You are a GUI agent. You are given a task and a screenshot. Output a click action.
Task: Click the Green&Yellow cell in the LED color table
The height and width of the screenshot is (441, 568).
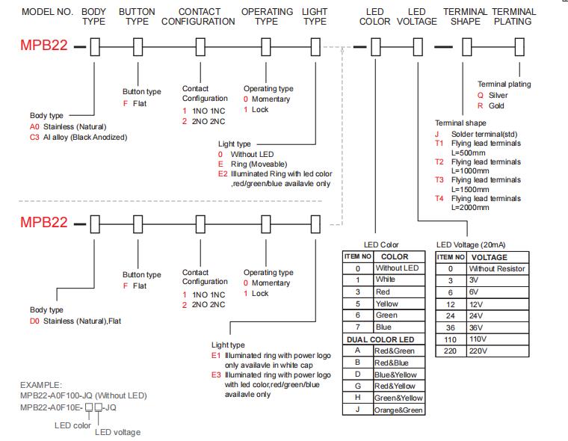(398, 398)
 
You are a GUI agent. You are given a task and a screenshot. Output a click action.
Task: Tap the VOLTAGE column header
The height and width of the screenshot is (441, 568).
(489, 257)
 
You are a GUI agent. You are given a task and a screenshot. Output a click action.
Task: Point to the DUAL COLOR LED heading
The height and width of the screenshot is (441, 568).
(380, 339)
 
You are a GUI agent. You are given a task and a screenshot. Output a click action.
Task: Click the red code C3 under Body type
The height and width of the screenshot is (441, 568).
(34, 138)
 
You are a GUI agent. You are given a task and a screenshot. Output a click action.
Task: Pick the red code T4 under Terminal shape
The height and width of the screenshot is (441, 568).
(439, 199)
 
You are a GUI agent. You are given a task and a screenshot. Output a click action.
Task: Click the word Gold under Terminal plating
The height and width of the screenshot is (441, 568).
(496, 106)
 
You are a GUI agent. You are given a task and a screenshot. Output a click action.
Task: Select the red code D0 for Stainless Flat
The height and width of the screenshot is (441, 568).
(34, 321)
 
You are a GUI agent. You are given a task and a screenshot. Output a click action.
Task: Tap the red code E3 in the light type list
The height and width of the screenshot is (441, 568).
(216, 374)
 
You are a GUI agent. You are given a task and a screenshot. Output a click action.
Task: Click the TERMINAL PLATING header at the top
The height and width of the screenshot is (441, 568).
(513, 16)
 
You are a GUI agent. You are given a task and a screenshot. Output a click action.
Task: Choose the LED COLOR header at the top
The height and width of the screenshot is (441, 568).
(375, 16)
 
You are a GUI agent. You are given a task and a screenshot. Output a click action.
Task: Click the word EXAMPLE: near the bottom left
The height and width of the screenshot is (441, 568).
(41, 385)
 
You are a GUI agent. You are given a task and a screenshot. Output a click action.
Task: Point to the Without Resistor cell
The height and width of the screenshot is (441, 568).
(497, 269)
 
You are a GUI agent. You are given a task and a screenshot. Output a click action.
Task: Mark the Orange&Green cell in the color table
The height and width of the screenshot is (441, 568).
(398, 410)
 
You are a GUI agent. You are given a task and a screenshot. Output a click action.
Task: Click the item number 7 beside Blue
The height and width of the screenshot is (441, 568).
(357, 327)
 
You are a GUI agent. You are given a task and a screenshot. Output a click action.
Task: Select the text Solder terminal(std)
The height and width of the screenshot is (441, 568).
(484, 134)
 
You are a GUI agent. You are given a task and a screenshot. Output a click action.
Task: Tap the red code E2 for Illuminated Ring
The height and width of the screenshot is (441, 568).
(223, 174)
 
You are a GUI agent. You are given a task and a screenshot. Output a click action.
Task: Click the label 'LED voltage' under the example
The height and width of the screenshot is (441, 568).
(118, 432)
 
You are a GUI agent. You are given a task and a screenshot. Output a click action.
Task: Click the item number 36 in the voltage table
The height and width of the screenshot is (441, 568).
(450, 328)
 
